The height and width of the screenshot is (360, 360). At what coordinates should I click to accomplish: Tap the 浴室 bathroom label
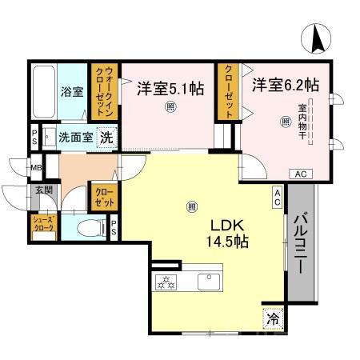72,91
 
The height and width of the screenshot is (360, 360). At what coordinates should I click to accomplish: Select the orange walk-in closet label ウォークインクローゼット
103,94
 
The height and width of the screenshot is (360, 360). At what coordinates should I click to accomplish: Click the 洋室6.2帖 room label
286,84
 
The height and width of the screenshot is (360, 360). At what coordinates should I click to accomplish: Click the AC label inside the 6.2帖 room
302,174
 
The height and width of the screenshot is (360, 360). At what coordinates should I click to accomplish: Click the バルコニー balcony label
302,244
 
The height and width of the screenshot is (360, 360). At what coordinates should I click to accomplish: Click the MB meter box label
36,167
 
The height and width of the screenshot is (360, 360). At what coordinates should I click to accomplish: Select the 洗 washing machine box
106,138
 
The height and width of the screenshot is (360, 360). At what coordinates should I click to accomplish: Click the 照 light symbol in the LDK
191,206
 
